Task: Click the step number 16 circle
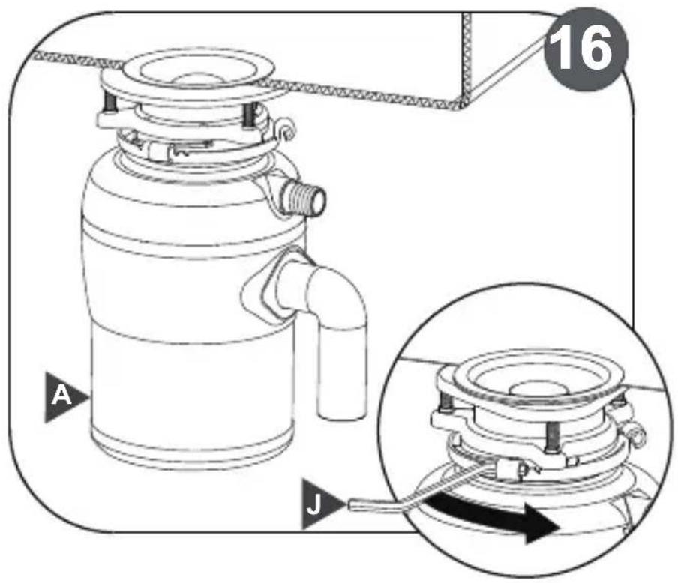pyautogui.click(x=584, y=49)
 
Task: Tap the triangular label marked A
pyautogui.click(x=64, y=396)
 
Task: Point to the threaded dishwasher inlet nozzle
pyautogui.click(x=304, y=198)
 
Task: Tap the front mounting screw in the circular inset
pyautogui.click(x=551, y=435)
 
